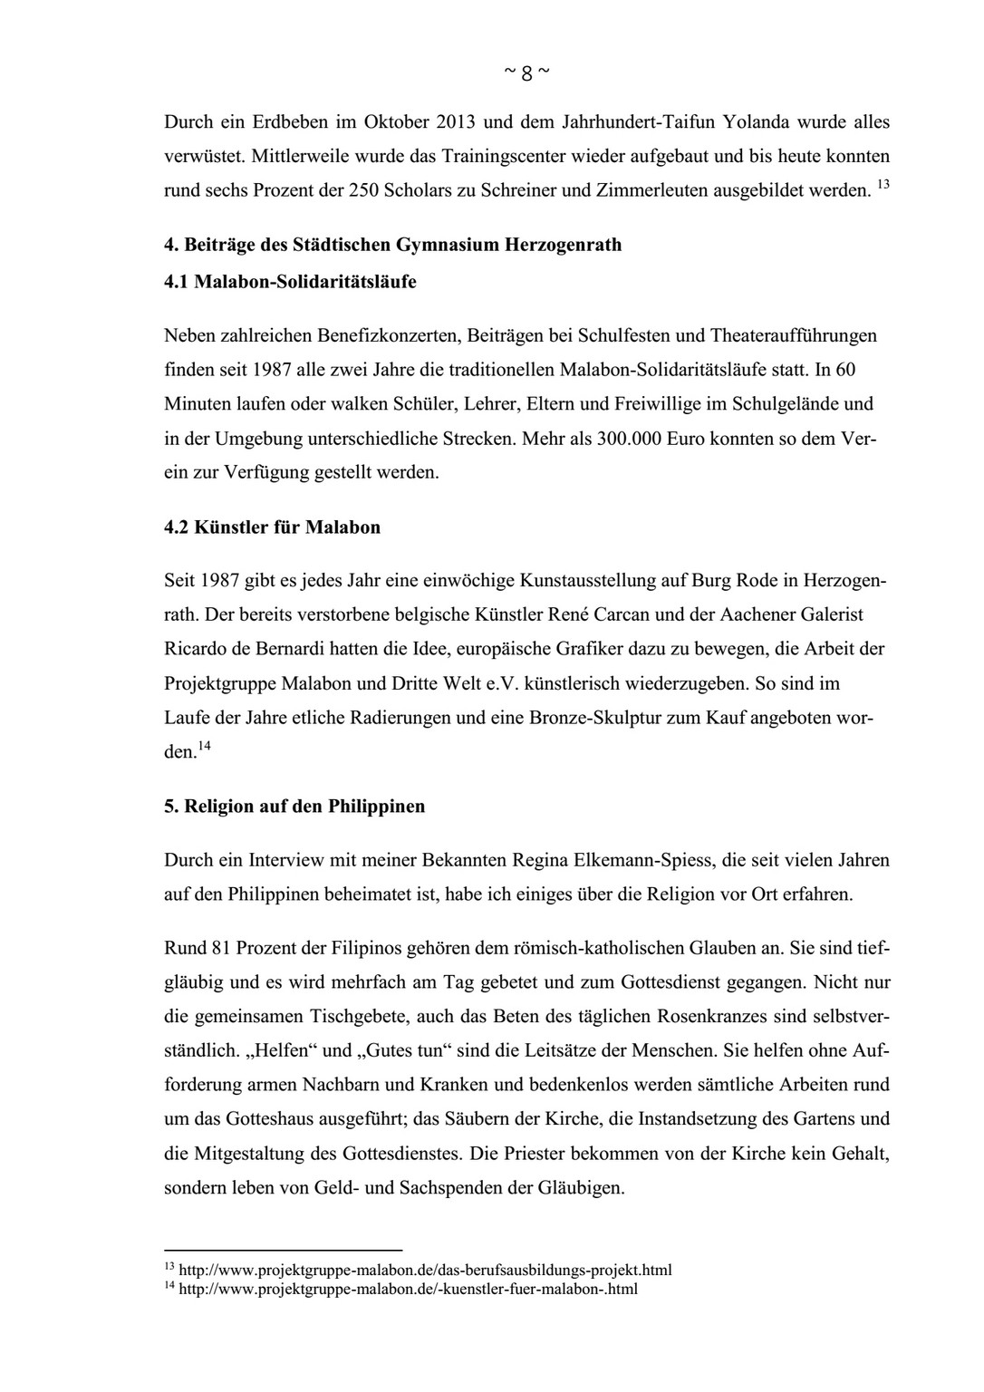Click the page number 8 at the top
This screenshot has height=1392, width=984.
526,74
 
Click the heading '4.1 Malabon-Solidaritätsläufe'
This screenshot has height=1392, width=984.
290,281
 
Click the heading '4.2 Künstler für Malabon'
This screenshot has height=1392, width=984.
272,527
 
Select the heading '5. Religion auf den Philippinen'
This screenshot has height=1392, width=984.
294,806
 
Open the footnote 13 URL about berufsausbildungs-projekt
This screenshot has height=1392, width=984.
426,1270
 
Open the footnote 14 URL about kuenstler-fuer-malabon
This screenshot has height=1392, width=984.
409,1288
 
